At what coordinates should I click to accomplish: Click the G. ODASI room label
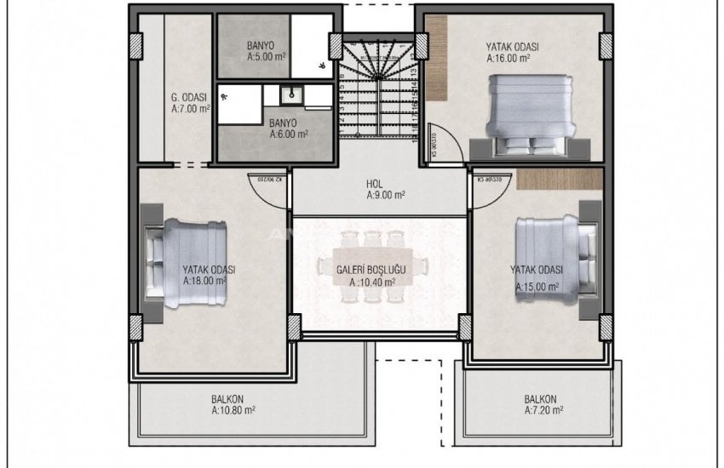click(189, 98)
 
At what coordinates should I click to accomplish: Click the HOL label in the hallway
click(375, 182)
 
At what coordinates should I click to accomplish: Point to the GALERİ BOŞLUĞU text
click(371, 269)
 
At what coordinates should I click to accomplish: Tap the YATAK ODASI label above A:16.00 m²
click(514, 47)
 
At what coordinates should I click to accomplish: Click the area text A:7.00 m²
click(190, 110)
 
